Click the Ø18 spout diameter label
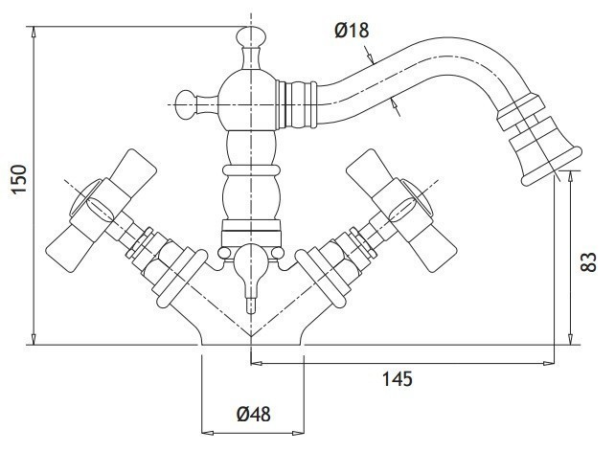352,31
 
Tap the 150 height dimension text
19,179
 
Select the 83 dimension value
588,261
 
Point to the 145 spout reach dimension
398,379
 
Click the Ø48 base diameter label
254,414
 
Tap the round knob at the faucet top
251,36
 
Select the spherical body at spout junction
247,100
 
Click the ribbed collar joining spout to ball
296,104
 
